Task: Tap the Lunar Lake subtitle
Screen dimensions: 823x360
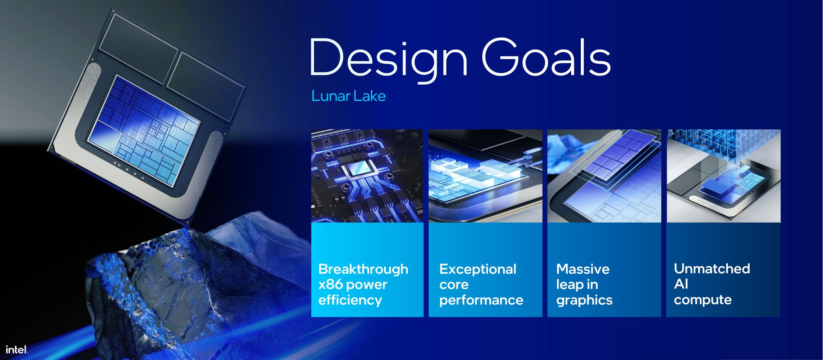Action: pyautogui.click(x=348, y=96)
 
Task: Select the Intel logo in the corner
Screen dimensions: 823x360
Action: pyautogui.click(x=16, y=349)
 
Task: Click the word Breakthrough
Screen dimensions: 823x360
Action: pyautogui.click(x=363, y=269)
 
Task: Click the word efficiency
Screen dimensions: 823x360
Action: pyautogui.click(x=350, y=300)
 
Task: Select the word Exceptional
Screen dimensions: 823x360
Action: pyautogui.click(x=478, y=269)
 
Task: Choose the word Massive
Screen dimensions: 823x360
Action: pyautogui.click(x=583, y=269)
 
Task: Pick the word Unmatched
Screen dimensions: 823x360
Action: pyautogui.click(x=712, y=269)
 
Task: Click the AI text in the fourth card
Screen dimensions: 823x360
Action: pyautogui.click(x=681, y=284)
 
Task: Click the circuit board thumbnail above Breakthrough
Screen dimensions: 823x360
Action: pyautogui.click(x=367, y=176)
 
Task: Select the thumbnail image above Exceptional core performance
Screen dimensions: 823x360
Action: pyautogui.click(x=485, y=176)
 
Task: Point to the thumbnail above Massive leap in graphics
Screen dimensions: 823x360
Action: pyautogui.click(x=604, y=176)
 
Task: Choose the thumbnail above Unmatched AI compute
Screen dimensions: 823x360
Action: pyautogui.click(x=723, y=176)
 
